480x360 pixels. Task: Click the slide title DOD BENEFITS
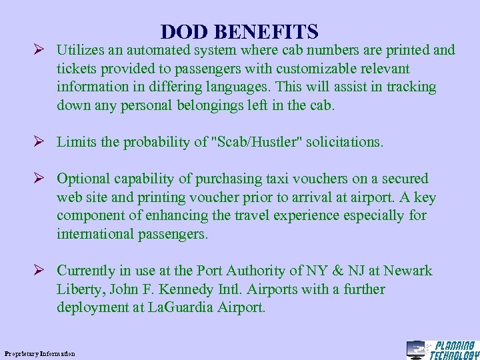tap(239, 31)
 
